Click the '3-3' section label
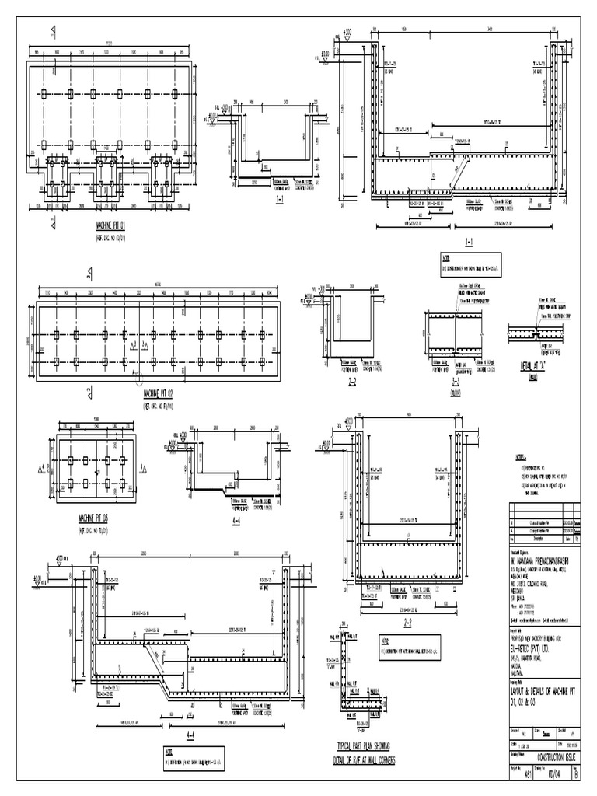(x=455, y=384)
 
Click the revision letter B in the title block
(x=575, y=774)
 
